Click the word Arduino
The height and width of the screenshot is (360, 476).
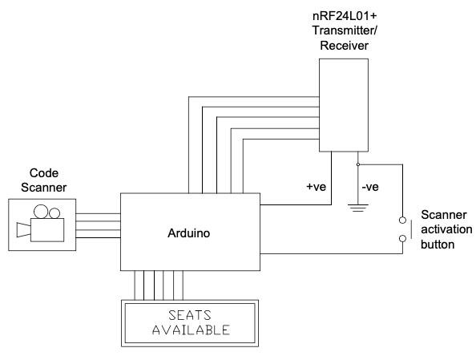(189, 233)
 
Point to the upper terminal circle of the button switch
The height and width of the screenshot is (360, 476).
(401, 220)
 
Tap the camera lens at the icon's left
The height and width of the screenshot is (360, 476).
(22, 232)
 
